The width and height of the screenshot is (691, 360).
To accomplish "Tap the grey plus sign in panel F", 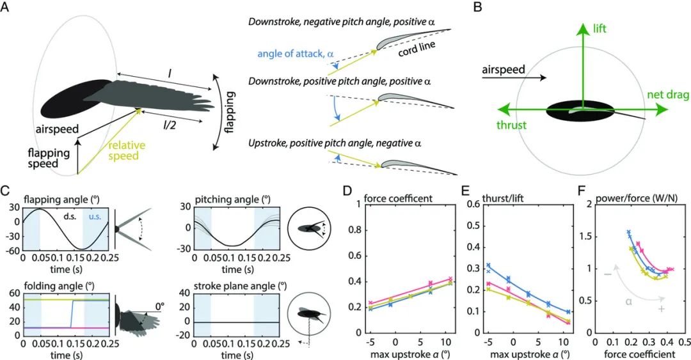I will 662,309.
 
